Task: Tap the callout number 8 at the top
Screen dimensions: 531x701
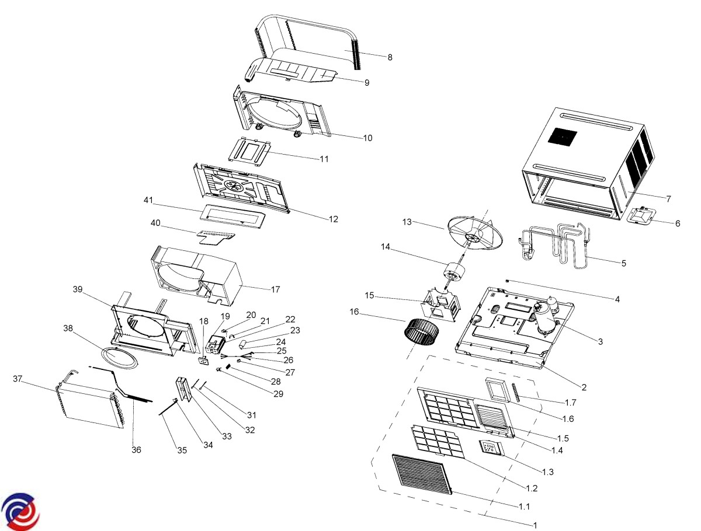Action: [390, 57]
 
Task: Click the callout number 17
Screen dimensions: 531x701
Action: [276, 289]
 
